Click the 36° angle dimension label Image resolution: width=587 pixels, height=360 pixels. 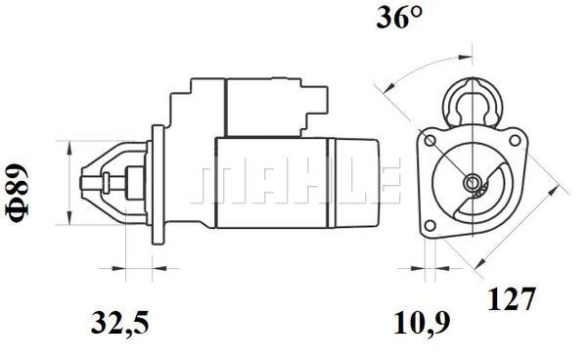pos(399,18)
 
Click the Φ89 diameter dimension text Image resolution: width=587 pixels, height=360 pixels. pos(18,193)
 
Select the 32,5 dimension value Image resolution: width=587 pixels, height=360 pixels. pos(119,324)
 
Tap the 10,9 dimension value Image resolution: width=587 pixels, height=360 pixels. pos(421,324)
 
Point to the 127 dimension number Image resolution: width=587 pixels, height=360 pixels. pos(511,298)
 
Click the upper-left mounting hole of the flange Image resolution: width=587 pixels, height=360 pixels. pos(430,141)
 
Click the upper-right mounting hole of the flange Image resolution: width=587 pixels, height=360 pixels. pos(516,140)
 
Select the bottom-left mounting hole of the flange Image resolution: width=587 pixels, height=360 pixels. pos(430,226)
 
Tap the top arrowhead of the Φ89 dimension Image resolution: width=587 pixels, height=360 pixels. pos(68,148)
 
